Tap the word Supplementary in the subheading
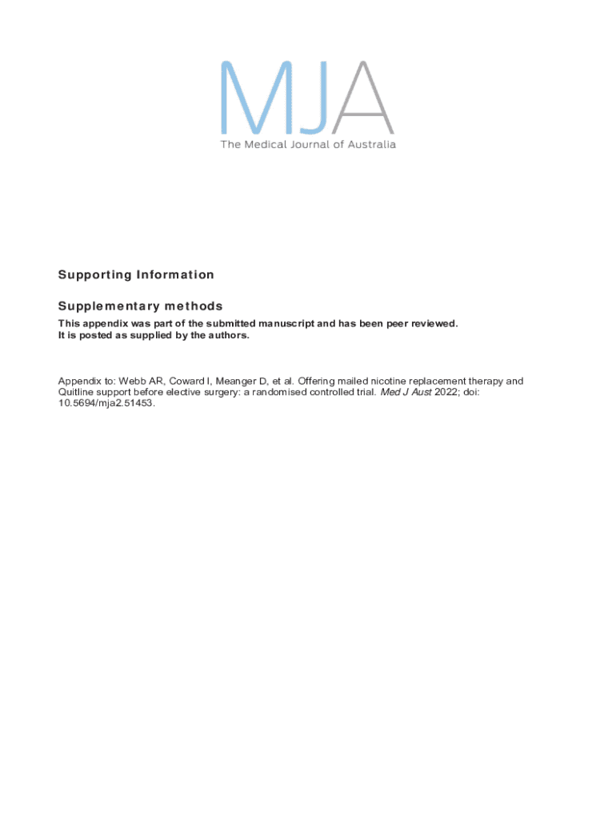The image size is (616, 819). [109, 306]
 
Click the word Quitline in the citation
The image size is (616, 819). [75, 393]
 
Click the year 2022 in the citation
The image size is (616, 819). [447, 393]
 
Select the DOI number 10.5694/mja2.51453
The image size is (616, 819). [105, 404]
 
